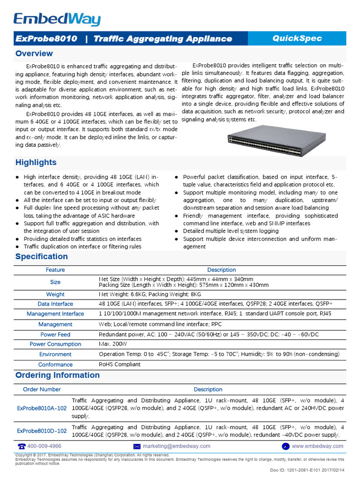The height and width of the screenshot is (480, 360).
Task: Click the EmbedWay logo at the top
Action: click(x=57, y=19)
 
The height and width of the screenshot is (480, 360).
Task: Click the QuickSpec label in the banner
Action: click(x=297, y=38)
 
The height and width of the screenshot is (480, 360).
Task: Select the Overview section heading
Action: click(x=34, y=53)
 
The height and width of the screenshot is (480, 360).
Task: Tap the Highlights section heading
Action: click(x=36, y=163)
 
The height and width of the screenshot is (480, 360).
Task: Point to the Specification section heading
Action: click(x=42, y=256)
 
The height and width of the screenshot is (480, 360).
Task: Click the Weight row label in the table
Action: click(x=55, y=294)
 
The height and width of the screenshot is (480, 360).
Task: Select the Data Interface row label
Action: click(x=55, y=304)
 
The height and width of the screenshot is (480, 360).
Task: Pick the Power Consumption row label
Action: click(x=55, y=344)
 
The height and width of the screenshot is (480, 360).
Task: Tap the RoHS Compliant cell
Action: click(x=120, y=364)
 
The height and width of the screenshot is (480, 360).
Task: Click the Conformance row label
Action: click(x=55, y=365)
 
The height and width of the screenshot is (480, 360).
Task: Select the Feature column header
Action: click(x=55, y=270)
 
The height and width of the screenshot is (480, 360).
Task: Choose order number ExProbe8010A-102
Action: click(x=42, y=408)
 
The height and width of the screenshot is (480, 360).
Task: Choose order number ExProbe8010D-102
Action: click(x=42, y=431)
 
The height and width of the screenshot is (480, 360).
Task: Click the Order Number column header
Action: click(x=42, y=390)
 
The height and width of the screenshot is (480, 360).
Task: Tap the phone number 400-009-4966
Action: click(x=44, y=446)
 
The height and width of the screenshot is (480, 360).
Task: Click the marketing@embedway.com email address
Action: click(x=177, y=446)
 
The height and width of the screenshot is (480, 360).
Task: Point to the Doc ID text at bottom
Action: click(x=307, y=470)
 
